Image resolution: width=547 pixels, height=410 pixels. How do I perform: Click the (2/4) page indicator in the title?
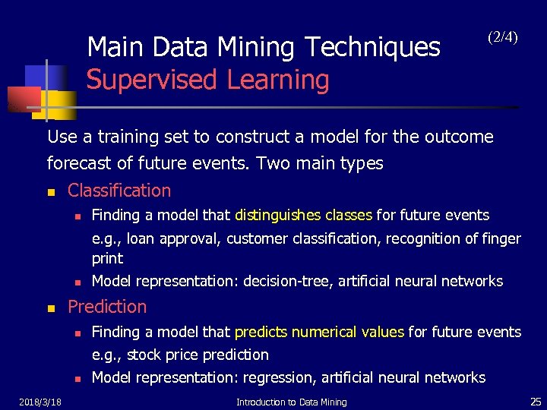(502, 36)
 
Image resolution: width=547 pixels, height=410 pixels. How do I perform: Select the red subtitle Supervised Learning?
(207, 79)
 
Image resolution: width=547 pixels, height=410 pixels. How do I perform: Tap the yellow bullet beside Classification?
(51, 191)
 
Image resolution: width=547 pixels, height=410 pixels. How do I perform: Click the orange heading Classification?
(119, 191)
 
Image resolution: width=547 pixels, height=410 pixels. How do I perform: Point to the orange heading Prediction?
(107, 307)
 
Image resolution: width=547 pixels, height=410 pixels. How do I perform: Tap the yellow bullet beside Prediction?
(51, 308)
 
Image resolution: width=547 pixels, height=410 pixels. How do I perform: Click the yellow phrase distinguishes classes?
(303, 215)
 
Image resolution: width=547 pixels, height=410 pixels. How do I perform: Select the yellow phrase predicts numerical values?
(320, 332)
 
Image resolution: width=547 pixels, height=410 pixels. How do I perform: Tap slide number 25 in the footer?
(535, 401)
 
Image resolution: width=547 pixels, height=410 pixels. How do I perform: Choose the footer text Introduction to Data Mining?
(291, 402)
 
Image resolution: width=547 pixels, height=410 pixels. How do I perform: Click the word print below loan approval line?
(107, 258)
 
